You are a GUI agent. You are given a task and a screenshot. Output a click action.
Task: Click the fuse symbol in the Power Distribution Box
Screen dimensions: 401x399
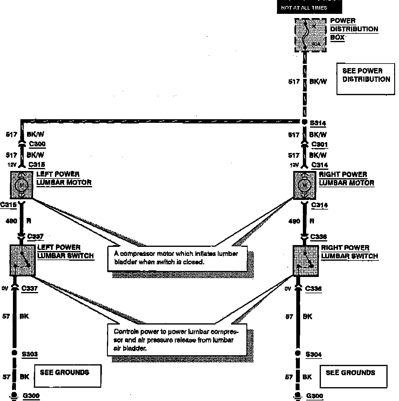coord(306,35)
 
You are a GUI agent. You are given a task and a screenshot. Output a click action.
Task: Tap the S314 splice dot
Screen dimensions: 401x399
coord(304,122)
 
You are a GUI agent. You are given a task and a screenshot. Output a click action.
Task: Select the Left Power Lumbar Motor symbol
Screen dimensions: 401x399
coord(21,185)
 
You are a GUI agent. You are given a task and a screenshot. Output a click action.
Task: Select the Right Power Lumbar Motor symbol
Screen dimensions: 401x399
coord(304,185)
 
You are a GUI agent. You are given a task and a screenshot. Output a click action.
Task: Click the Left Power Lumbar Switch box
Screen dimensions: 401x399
coord(23,260)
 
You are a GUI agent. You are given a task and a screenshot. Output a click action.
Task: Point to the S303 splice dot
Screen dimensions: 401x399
coord(14,353)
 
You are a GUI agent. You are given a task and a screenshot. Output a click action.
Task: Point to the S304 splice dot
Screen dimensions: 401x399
coord(298,353)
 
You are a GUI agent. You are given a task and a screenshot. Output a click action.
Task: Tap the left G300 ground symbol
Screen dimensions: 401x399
coord(14,396)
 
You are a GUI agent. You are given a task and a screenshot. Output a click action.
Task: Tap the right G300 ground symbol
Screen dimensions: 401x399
coord(298,396)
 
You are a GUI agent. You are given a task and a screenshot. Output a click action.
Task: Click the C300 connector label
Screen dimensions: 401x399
coord(37,144)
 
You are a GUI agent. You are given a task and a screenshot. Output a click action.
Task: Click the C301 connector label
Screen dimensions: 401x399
coord(319,144)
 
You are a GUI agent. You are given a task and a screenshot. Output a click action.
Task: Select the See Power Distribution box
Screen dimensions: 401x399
coord(366,79)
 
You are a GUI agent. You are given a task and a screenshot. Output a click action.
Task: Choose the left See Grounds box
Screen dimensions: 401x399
coord(68,376)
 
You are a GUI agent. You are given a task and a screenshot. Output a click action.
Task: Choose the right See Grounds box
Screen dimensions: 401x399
coord(353,376)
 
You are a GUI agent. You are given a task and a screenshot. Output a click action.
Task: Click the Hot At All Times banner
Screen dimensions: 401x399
coord(309,7)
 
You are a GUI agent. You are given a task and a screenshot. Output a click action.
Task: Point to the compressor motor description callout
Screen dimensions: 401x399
coord(177,258)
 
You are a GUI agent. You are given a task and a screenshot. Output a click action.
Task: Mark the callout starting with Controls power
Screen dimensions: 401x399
coord(177,340)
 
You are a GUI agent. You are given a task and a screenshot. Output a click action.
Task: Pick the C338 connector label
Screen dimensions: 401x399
coord(318,237)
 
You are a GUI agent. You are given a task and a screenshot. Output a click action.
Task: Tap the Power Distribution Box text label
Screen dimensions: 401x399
coord(354,29)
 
